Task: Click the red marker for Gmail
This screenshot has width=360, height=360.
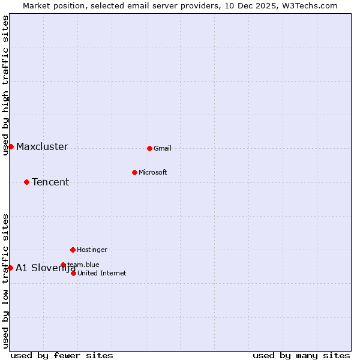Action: [149, 148]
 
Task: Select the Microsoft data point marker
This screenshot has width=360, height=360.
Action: [134, 172]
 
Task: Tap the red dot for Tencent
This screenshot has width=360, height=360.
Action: [26, 182]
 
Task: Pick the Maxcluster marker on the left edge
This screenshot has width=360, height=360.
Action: [11, 146]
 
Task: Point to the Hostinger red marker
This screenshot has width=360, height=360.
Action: [73, 250]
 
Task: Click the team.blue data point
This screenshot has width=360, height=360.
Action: [63, 265]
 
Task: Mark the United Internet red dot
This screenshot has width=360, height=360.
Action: [73, 273]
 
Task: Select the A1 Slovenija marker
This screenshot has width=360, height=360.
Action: [10, 268]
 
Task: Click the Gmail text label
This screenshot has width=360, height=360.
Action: [163, 148]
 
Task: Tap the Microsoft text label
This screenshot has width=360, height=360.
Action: [152, 172]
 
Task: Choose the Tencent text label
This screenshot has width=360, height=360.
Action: [50, 182]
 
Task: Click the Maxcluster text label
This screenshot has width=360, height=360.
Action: [42, 147]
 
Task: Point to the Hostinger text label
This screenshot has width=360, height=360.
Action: [92, 250]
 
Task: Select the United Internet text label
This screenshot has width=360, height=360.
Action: [102, 273]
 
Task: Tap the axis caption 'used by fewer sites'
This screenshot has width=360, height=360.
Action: [62, 355]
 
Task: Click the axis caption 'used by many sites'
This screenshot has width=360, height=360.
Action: [301, 355]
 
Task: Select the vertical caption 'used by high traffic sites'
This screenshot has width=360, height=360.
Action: [5, 85]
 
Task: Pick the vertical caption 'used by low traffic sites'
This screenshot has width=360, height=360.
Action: [5, 281]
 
